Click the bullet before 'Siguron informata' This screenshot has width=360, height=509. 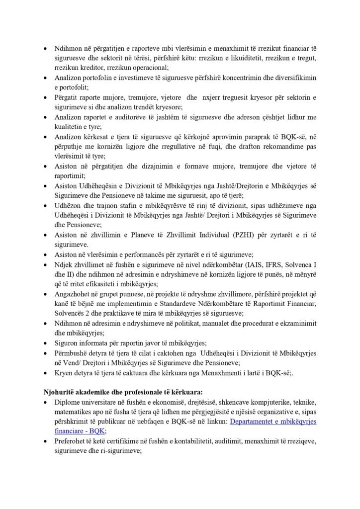(x=46, y=343)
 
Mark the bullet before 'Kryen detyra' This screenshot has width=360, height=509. (x=46, y=373)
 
